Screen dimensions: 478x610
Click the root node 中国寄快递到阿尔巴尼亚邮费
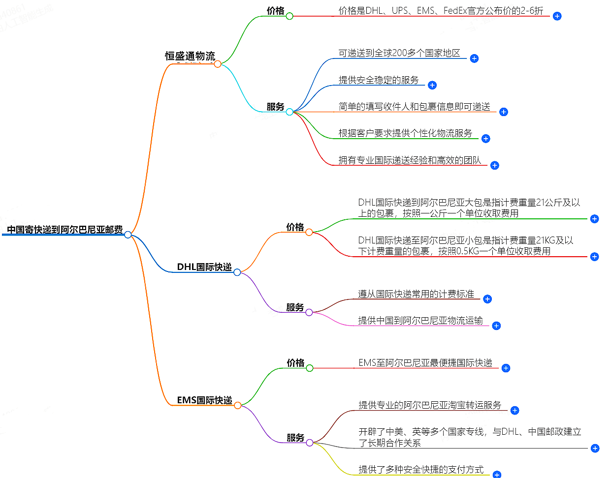tap(64, 230)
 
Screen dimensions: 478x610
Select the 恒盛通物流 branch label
tap(190, 56)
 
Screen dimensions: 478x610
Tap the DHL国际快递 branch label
tap(204, 267)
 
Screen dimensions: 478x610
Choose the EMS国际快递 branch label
tap(204, 400)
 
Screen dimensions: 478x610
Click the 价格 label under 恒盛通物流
tap(276, 10)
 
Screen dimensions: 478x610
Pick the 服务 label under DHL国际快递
tap(295, 307)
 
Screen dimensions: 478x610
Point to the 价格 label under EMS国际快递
tap(295, 362)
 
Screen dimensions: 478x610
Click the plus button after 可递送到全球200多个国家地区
tap(474, 59)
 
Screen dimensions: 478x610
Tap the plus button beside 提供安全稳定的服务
tap(432, 85)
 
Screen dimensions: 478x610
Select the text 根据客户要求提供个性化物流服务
tap(405, 133)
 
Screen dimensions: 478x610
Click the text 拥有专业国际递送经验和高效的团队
tap(410, 160)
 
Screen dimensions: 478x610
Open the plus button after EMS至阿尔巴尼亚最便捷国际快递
tap(506, 368)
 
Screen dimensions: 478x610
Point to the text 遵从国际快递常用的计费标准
tap(416, 294)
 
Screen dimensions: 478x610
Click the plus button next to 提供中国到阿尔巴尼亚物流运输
tap(496, 326)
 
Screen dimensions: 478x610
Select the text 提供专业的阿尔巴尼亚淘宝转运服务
tap(430, 405)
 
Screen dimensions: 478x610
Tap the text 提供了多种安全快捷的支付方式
tap(421, 470)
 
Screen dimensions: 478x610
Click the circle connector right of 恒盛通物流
tap(218, 64)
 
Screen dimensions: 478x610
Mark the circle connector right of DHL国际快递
tap(237, 272)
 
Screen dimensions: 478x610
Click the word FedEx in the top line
tap(455, 10)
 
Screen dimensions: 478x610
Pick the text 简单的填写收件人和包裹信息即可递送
tap(414, 107)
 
